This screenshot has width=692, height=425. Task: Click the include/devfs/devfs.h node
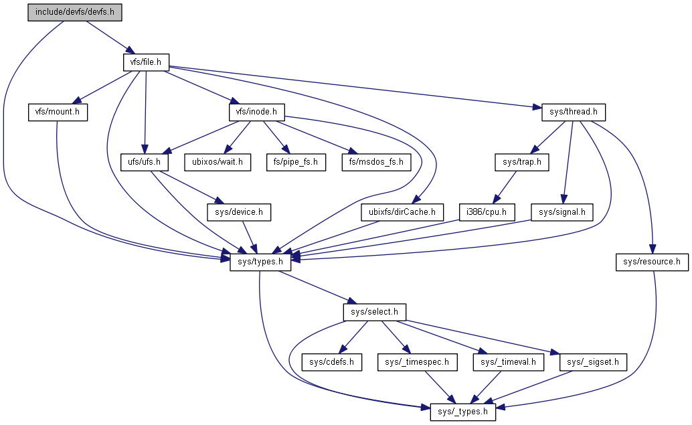[75, 13]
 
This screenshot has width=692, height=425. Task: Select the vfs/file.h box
[146, 62]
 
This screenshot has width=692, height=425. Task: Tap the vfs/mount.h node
[58, 112]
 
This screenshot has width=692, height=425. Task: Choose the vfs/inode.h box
[256, 112]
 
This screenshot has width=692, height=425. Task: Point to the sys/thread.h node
[569, 112]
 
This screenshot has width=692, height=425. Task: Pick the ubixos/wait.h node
[218, 162]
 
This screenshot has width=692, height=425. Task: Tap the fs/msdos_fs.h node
[376, 162]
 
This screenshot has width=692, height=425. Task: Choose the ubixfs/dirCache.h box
[402, 213]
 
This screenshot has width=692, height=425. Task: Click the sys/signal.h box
[561, 213]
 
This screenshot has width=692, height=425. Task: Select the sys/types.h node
[260, 262]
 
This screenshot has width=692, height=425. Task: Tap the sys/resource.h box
[651, 262]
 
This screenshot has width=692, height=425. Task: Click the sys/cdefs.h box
[331, 362]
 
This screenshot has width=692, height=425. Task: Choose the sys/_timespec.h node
[418, 362]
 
